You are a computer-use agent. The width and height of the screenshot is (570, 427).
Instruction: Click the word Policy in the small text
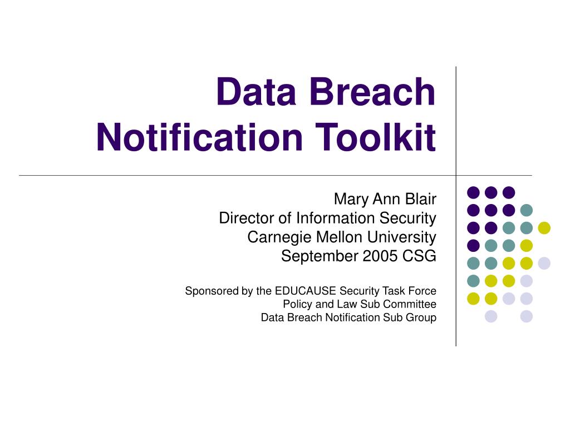pos(296,304)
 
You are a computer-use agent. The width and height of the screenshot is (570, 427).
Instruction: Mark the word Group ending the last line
pos(422,318)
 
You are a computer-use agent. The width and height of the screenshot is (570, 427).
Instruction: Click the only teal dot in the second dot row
pos(526,210)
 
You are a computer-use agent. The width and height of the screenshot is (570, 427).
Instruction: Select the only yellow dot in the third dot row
pos(544,228)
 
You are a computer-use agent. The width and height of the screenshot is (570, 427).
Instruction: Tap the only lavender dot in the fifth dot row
pos(544,264)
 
